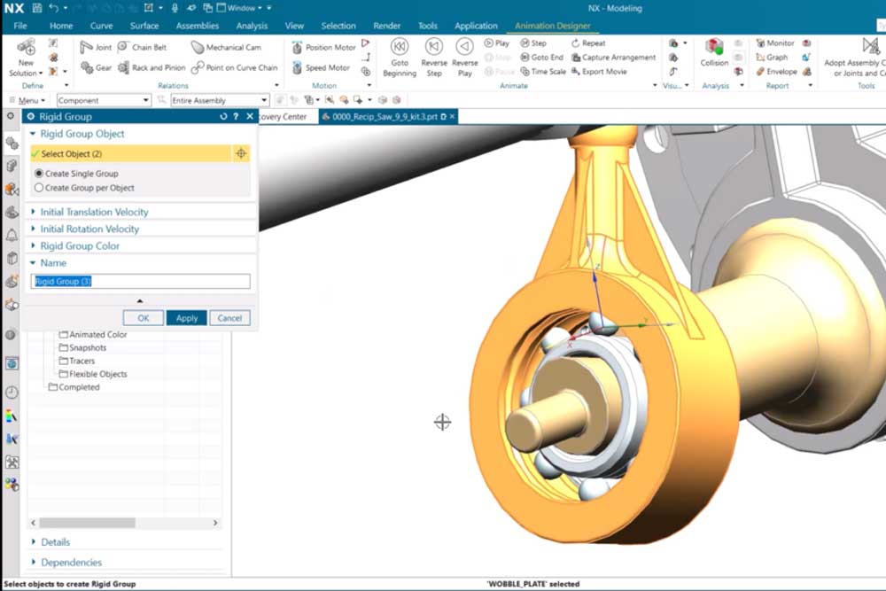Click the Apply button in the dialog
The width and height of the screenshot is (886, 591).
click(x=186, y=318)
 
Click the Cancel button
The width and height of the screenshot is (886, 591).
click(x=229, y=318)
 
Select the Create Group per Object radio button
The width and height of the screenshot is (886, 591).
click(x=39, y=188)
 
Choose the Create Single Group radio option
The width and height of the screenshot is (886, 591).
click(x=39, y=174)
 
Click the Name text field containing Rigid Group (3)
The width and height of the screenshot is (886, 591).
click(x=141, y=282)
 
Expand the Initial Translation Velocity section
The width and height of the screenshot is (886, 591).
click(x=94, y=212)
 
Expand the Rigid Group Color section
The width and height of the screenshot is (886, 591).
click(x=80, y=245)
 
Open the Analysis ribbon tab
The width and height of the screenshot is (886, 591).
click(x=252, y=26)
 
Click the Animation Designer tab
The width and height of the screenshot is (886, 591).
click(x=553, y=26)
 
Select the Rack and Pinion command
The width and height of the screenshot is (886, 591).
click(x=152, y=67)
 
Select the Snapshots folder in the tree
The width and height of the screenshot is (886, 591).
click(x=87, y=348)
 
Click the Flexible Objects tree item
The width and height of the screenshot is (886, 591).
click(x=97, y=374)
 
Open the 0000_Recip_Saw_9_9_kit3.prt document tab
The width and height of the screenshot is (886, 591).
click(x=384, y=117)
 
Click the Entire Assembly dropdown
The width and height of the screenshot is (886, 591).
click(x=219, y=101)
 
